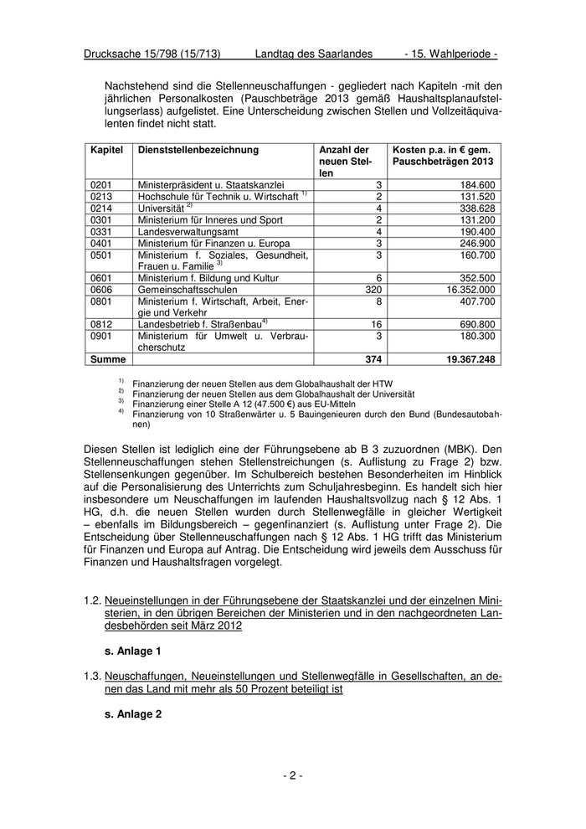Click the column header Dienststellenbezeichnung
click(198, 150)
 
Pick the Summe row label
click(108, 358)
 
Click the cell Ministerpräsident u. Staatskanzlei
click(211, 184)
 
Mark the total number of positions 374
click(373, 358)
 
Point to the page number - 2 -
click(292, 776)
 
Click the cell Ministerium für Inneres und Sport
click(211, 219)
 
